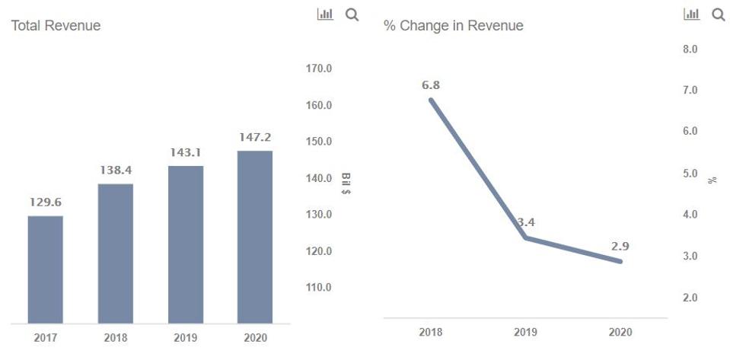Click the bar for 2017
(x=46, y=269)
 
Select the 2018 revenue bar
(x=116, y=253)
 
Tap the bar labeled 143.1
(x=185, y=244)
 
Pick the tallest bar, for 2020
(x=255, y=237)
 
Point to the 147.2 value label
(x=255, y=138)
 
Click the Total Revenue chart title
(x=56, y=26)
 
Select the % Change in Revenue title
(x=453, y=26)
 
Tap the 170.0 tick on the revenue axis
(x=318, y=68)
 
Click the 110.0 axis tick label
(x=318, y=288)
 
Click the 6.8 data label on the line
(x=431, y=85)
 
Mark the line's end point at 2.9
(x=620, y=261)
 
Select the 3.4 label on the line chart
(x=526, y=223)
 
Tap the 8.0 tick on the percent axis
(x=691, y=49)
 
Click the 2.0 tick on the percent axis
(x=691, y=298)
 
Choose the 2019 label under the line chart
(x=525, y=333)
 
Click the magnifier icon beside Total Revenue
(x=352, y=14)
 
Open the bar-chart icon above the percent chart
(x=692, y=14)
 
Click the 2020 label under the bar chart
(x=255, y=338)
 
